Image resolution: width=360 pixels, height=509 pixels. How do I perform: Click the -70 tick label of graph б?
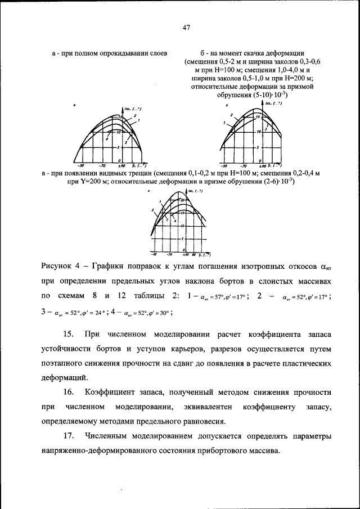point(244,166)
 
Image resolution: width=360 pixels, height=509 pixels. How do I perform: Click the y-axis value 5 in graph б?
point(257,148)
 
